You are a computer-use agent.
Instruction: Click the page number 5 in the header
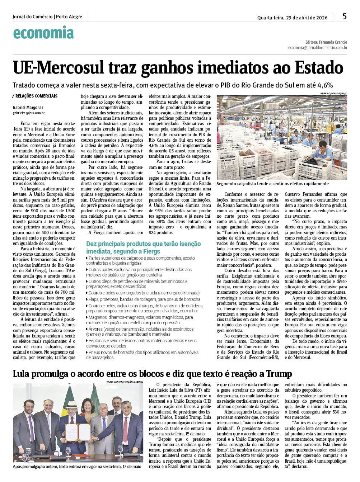[x=345, y=16]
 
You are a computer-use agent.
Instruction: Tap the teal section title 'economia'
[x=43, y=33]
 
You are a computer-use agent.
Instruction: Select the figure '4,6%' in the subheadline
[x=325, y=85]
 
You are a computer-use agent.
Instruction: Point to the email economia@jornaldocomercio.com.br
[x=317, y=48]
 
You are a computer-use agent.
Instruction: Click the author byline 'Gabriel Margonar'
[x=28, y=107]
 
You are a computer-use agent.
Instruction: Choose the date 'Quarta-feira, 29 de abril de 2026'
[x=292, y=18]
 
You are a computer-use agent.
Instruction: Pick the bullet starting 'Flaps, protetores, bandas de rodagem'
[x=144, y=299]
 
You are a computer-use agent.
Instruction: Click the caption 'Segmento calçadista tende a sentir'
[x=273, y=184]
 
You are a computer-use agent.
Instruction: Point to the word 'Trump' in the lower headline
[x=279, y=374]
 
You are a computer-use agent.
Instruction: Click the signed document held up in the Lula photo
[x=78, y=432]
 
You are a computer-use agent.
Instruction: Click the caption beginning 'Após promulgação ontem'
[x=77, y=467]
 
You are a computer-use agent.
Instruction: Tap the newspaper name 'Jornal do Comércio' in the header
[x=32, y=17]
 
